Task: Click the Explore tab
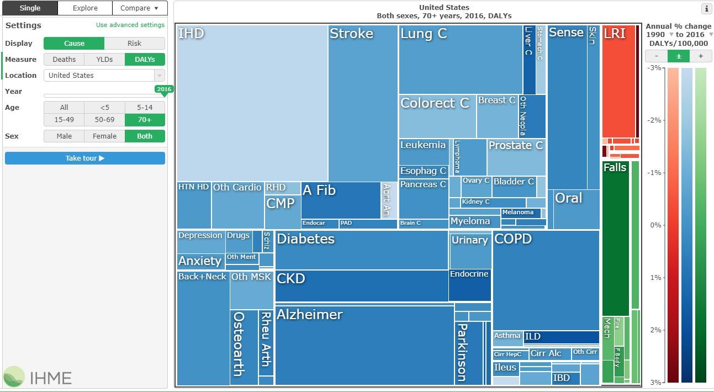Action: pyautogui.click(x=85, y=8)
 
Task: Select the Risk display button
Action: pyautogui.click(x=134, y=44)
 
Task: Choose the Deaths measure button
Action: pyautogui.click(x=64, y=60)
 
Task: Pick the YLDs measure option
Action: pyautogui.click(x=104, y=60)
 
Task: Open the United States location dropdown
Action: pyautogui.click(x=104, y=76)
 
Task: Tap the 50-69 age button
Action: pyautogui.click(x=104, y=120)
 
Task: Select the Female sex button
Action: pyautogui.click(x=104, y=136)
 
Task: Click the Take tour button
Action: pyautogui.click(x=85, y=158)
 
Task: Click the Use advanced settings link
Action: pyautogui.click(x=130, y=25)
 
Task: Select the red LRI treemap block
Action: pyautogui.click(x=618, y=83)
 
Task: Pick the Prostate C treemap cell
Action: pyautogui.click(x=516, y=157)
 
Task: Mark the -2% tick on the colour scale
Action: pyautogui.click(x=654, y=120)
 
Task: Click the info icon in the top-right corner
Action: pyautogui.click(x=706, y=9)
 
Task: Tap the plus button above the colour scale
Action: pyautogui.click(x=701, y=56)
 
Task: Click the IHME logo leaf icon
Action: pyautogui.click(x=14, y=377)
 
